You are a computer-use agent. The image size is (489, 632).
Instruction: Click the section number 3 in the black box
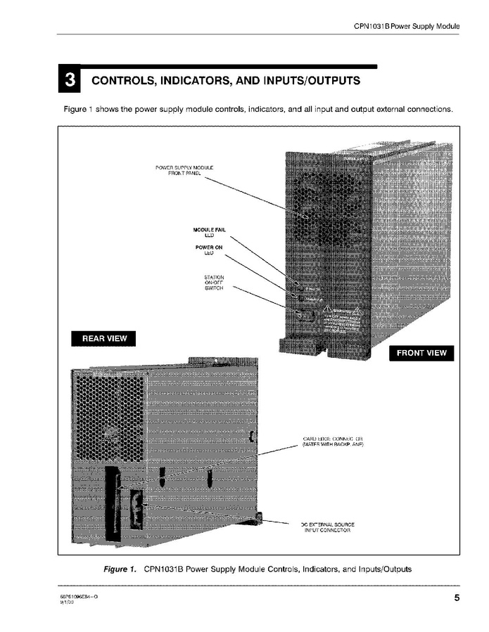point(69,80)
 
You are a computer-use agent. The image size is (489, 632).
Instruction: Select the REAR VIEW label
point(104,338)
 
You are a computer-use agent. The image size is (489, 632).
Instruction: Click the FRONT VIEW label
point(421,353)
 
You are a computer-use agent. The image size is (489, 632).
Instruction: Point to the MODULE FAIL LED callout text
point(209,233)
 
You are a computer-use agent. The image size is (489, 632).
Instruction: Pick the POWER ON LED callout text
point(209,250)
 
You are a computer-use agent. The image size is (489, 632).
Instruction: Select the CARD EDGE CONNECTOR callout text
point(331,442)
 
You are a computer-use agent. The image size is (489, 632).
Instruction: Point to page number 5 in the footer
point(456,598)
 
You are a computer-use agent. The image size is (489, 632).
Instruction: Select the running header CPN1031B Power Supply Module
point(406,27)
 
